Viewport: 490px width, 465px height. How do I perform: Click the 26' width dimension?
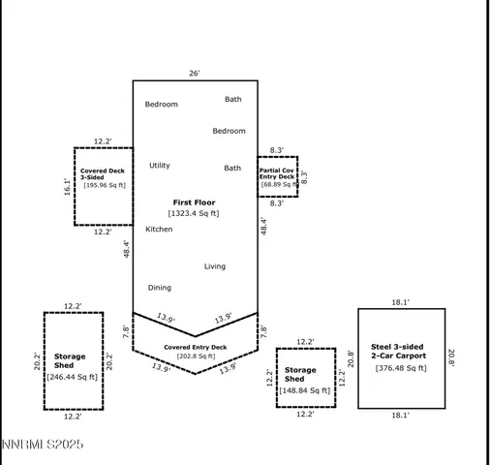coord(196,73)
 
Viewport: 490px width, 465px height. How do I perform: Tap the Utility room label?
coord(159,166)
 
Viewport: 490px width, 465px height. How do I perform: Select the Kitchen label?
coord(159,230)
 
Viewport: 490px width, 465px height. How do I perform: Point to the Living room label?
coord(214,266)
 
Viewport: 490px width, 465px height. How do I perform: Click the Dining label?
coord(159,288)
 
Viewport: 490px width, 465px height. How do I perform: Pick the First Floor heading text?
coord(195,201)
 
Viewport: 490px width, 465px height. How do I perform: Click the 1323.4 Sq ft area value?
coord(195,213)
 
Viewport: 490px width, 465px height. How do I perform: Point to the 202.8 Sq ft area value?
coord(195,356)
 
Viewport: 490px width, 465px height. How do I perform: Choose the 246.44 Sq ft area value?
coord(73,378)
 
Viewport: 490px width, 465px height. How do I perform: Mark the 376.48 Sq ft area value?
coord(401,368)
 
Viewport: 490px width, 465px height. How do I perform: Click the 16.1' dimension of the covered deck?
coord(67,187)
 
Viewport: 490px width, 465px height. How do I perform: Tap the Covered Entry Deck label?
coord(195,347)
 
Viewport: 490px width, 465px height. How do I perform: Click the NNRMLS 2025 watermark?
coord(43,445)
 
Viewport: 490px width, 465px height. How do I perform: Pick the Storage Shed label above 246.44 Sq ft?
coord(70,361)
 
